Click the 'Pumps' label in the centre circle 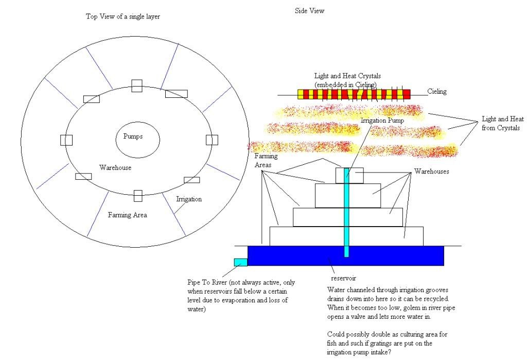[133, 137]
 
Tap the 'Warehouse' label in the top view [115, 168]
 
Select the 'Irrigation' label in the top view [189, 199]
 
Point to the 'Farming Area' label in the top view [127, 215]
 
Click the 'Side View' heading [309, 10]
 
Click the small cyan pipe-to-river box [240, 262]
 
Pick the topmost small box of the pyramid [350, 176]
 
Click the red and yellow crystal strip [354, 94]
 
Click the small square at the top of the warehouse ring [136, 86]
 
